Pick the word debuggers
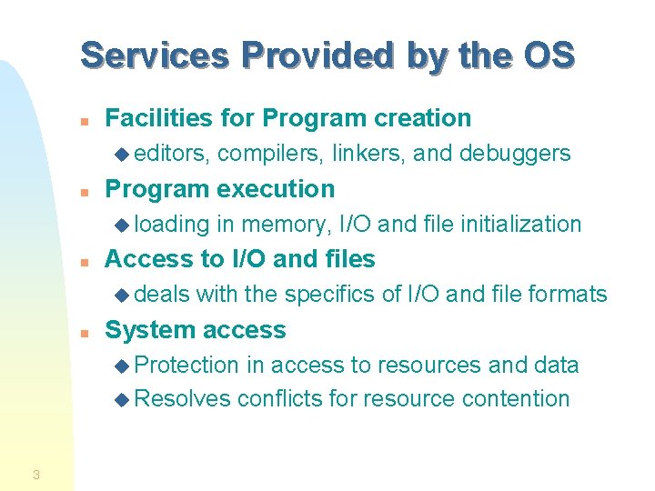click(515, 154)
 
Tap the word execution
click(283, 189)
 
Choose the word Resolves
click(182, 399)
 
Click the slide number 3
click(35, 474)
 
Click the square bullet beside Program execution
click(83, 191)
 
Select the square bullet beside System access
click(83, 332)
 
